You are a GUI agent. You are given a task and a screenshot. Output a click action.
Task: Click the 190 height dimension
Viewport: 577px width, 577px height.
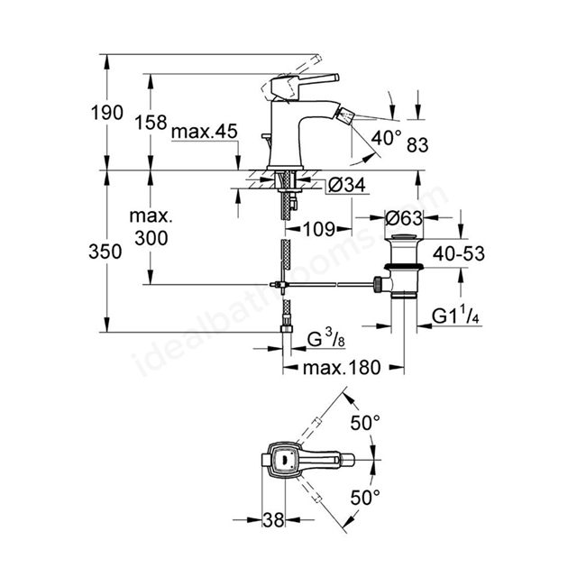[106, 112]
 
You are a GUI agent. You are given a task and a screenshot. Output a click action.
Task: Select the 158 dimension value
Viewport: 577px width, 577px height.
[151, 123]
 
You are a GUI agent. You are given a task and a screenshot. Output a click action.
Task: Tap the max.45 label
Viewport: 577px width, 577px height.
[205, 132]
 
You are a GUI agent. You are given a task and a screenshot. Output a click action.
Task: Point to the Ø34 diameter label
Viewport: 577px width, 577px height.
[346, 185]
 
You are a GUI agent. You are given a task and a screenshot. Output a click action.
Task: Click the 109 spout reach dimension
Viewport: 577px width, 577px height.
[319, 229]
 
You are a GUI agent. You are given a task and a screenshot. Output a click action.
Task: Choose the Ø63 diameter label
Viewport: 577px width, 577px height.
[404, 218]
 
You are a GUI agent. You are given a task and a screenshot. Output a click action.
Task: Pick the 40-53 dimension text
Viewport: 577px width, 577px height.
[459, 253]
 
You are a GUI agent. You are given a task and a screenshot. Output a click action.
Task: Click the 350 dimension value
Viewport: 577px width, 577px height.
[105, 252]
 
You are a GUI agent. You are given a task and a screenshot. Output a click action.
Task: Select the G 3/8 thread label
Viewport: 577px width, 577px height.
[326, 339]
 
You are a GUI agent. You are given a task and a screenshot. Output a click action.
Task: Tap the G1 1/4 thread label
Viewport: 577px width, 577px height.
[455, 316]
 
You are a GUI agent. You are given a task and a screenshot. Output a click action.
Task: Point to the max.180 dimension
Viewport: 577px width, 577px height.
[342, 368]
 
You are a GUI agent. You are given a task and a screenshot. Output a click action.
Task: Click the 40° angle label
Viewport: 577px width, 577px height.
[386, 138]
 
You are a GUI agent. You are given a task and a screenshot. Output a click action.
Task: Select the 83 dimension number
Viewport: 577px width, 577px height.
[417, 145]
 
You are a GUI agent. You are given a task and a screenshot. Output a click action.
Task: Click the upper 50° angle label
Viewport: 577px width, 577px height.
[365, 423]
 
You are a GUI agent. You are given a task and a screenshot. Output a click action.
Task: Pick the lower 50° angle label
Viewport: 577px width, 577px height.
[365, 498]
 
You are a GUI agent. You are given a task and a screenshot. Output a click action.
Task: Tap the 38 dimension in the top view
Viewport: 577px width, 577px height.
[273, 520]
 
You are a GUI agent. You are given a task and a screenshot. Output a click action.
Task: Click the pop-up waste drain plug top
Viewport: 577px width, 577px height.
[404, 237]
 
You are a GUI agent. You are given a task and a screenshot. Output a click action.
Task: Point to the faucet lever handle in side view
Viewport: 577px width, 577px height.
[305, 84]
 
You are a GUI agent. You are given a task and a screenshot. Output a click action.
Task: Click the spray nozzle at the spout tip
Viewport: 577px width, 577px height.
[346, 114]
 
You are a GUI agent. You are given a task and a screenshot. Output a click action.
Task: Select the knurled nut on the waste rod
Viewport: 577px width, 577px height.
[378, 284]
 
